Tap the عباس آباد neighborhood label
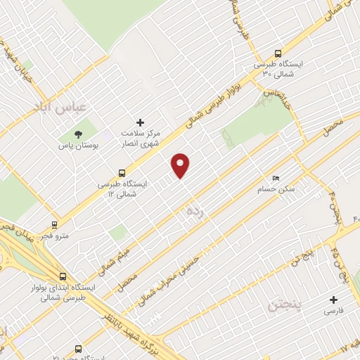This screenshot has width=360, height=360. pyautogui.click(x=60, y=106)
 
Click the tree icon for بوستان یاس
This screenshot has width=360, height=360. pyautogui.click(x=78, y=134)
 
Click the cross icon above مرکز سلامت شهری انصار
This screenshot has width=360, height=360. pyautogui.click(x=140, y=122)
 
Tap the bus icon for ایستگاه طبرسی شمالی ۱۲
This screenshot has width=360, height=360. pyautogui.click(x=122, y=172)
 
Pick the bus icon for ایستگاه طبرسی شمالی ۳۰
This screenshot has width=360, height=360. pyautogui.click(x=278, y=53)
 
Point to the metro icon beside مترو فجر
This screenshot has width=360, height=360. pyautogui.click(x=54, y=226)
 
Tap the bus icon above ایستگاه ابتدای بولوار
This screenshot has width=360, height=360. pyautogui.click(x=63, y=276)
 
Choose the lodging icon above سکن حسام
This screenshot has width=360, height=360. pyautogui.click(x=276, y=179)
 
